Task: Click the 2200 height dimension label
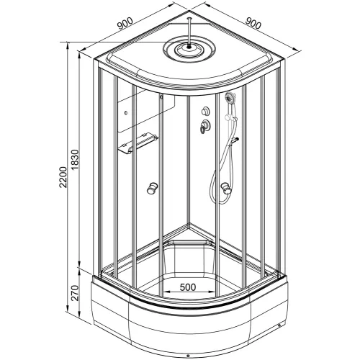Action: (x=63, y=177)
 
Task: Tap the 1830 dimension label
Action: (x=75, y=160)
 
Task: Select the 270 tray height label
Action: (x=75, y=293)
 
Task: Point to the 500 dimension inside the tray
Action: (x=188, y=287)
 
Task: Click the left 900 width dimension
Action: (x=125, y=23)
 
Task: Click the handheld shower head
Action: (x=230, y=98)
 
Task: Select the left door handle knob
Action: (x=152, y=188)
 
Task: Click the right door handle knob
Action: (x=226, y=188)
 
